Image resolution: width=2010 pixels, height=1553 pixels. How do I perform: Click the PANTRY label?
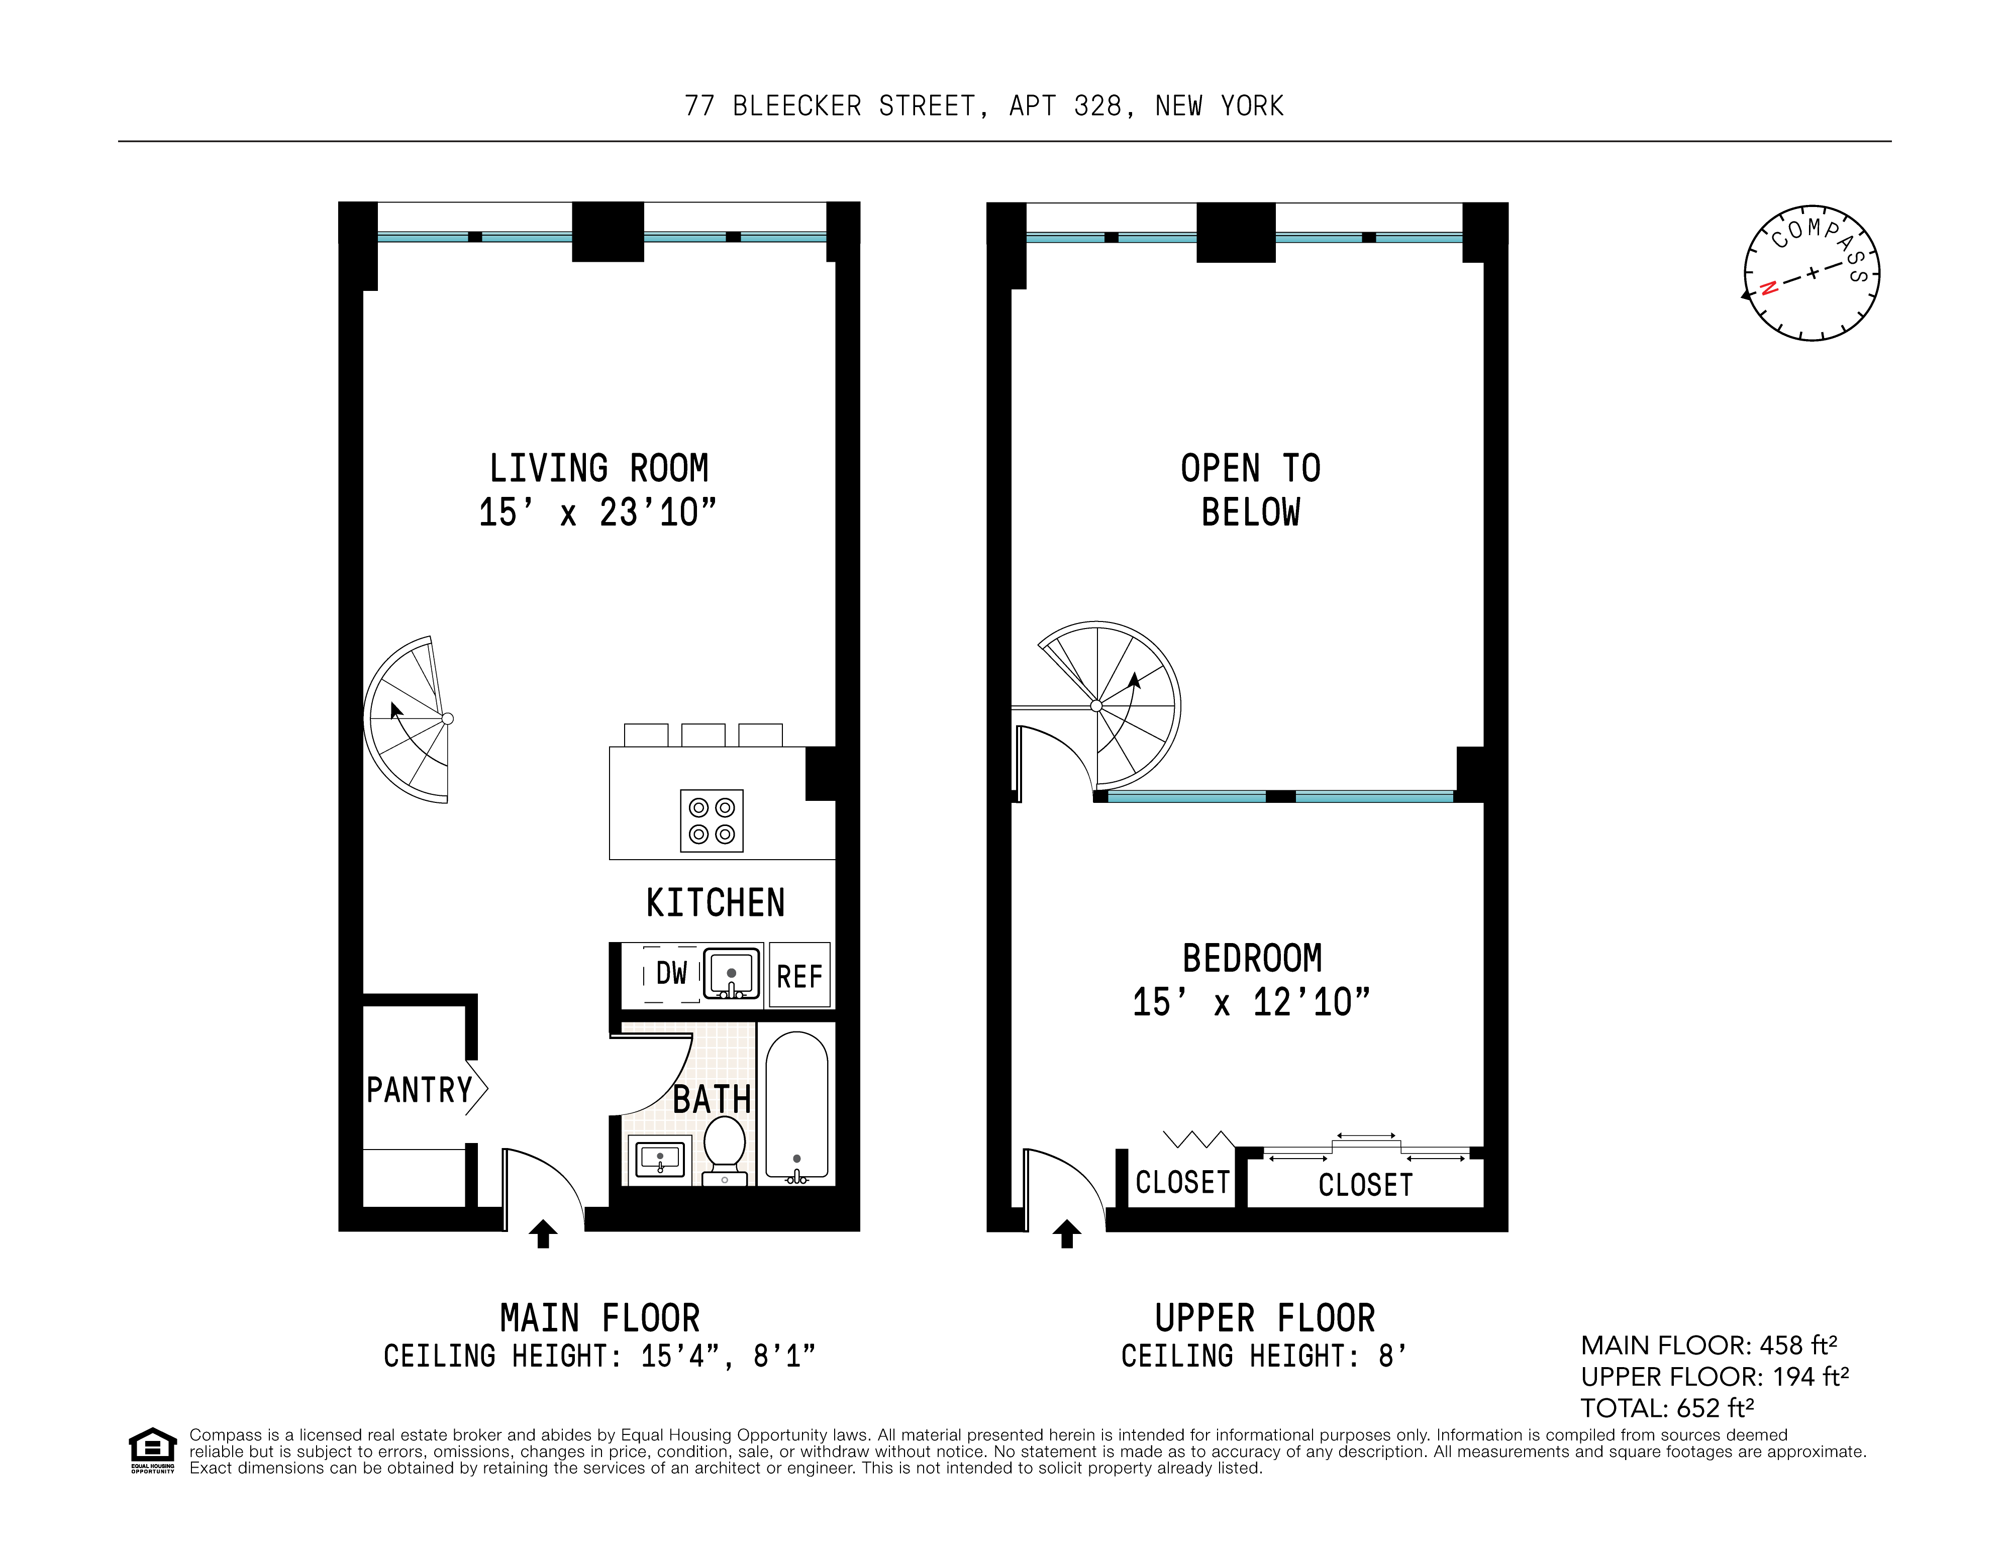[419, 1090]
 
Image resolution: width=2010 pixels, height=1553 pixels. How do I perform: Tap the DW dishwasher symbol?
[671, 973]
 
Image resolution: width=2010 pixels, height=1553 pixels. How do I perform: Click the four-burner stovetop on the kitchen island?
[712, 820]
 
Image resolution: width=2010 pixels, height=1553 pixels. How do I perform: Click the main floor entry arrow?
[543, 1234]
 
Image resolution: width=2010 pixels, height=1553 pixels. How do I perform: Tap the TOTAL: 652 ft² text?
[1667, 1408]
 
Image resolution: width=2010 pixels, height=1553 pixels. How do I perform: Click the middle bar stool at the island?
[703, 735]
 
